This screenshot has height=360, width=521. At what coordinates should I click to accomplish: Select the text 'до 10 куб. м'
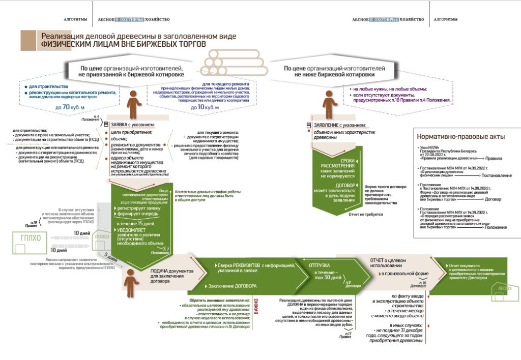tap(205, 107)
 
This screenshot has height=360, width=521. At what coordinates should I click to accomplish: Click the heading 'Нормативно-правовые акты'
tap(460, 136)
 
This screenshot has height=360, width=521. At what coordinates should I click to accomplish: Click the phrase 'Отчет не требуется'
tap(365, 215)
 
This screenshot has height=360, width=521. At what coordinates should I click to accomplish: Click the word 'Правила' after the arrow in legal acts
tap(494, 159)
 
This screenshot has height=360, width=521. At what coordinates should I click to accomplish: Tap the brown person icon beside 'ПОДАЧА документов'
tap(131, 283)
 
